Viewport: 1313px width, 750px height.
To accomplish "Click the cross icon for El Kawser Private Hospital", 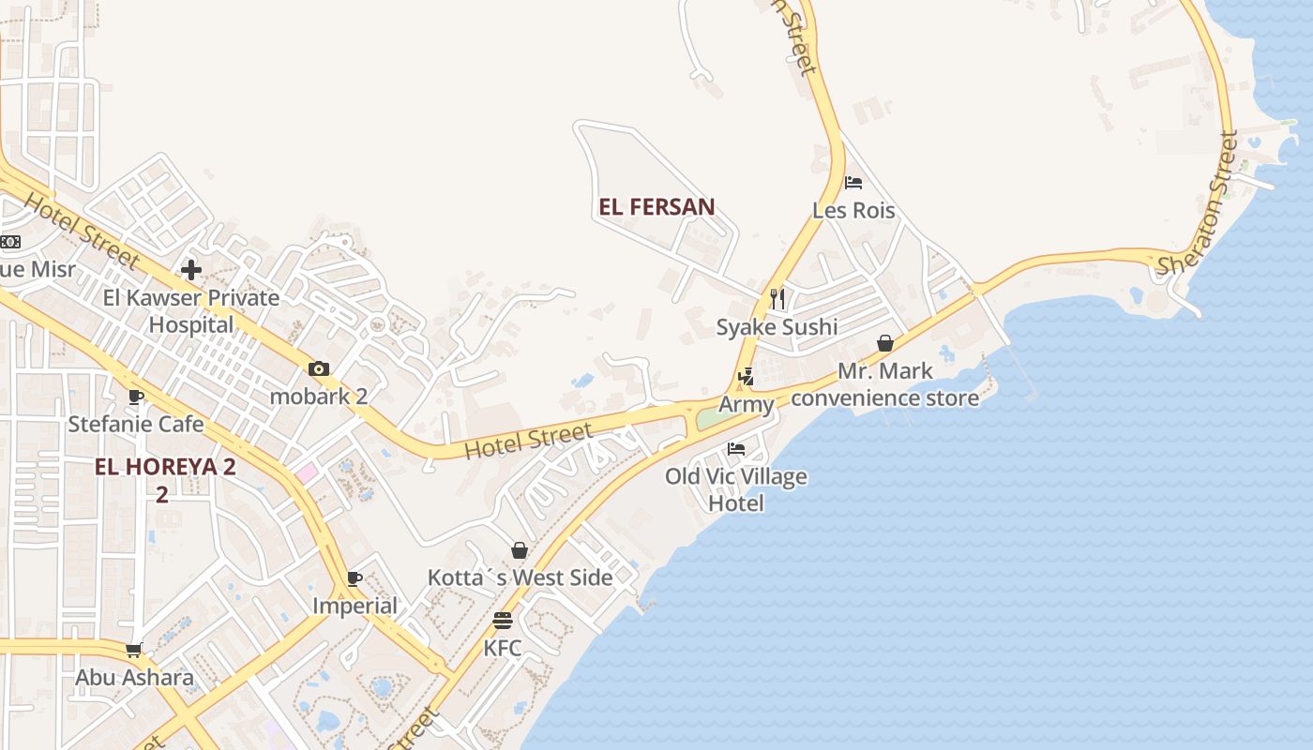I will coord(191,271).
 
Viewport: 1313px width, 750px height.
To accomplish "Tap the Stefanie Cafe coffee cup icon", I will coord(136,397).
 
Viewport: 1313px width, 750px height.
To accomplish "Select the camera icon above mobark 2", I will coord(319,368).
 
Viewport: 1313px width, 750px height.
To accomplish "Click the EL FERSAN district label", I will coord(656,207).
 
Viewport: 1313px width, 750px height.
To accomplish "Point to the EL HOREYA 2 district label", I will coord(165,467).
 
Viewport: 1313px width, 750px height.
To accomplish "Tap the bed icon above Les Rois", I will coord(853,183).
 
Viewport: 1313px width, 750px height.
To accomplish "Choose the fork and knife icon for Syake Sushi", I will coord(777,299).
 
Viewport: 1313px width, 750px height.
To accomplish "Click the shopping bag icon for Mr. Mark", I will coord(884,344).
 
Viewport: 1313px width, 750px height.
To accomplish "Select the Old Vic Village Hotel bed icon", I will coord(736,449).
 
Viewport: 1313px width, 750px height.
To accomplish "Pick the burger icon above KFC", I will coord(503,621).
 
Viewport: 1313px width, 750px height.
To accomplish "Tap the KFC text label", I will coord(503,648).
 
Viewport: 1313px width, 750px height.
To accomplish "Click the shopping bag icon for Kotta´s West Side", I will coord(520,550).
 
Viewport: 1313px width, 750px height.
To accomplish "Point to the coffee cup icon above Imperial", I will coord(354,578).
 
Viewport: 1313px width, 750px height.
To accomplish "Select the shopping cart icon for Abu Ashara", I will coord(134,650).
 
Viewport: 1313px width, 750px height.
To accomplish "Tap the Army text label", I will coord(747,405).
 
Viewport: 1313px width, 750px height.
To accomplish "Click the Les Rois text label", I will coord(853,210).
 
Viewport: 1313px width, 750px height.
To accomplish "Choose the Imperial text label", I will coord(355,606).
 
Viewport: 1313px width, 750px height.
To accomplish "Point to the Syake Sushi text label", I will coord(777,327).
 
